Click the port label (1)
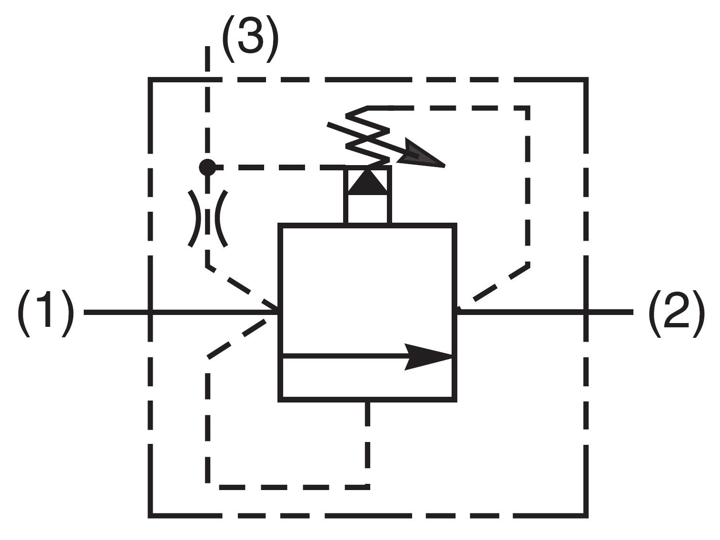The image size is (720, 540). tap(46, 313)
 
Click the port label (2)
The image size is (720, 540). tap(676, 313)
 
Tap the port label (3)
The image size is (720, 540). tap(250, 39)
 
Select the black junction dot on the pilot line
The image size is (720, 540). tap(207, 167)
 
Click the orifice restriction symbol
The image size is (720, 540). tap(207, 218)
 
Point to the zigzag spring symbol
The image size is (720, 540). tap(367, 135)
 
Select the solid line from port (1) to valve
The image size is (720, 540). tap(181, 313)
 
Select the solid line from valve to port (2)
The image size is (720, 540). tap(544, 313)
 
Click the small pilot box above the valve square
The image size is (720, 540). tap(367, 195)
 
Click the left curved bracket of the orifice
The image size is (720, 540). tap(193, 218)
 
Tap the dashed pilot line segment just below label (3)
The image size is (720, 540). tap(207, 59)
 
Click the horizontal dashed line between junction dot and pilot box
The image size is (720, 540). tap(279, 167)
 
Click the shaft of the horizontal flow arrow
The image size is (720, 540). tap(345, 357)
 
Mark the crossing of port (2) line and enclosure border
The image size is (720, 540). tap(585, 313)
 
